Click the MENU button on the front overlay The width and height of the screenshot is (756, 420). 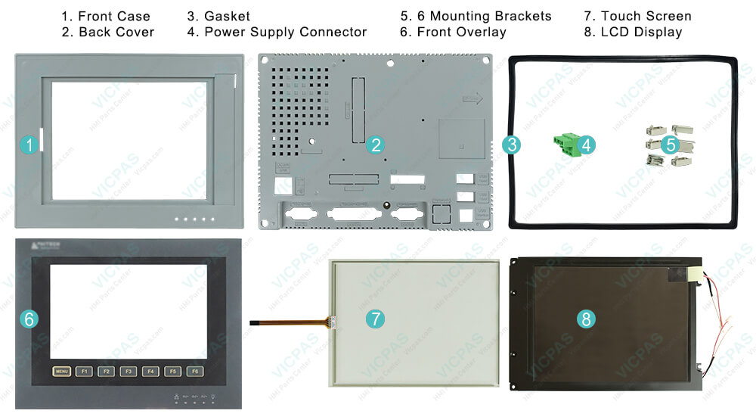[62, 372]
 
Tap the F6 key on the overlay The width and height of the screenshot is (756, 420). [196, 372]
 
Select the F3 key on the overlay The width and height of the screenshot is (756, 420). [129, 372]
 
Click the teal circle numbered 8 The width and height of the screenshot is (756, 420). [607, 319]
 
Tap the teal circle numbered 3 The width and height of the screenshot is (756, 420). [512, 145]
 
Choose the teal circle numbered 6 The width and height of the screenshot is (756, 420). [29, 319]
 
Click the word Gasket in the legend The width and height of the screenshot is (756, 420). [228, 16]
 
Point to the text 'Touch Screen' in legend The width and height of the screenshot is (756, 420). [646, 16]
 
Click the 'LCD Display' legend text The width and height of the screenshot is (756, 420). [642, 32]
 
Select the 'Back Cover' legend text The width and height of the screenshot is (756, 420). [116, 32]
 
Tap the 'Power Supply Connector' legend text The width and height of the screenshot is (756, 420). [285, 32]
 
